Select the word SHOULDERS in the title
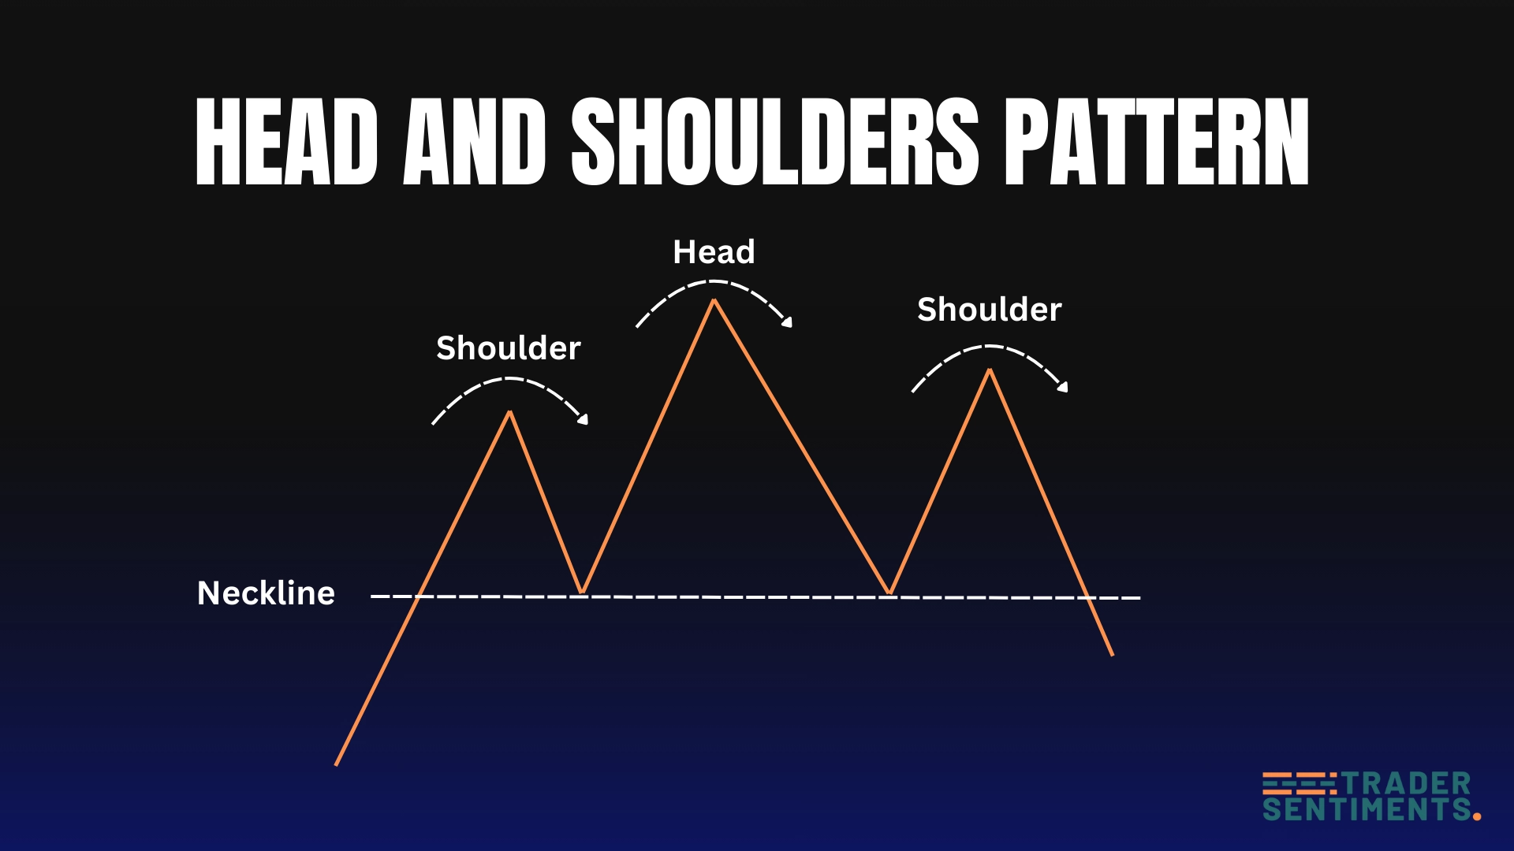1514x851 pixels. [775, 143]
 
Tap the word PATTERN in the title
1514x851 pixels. [1158, 143]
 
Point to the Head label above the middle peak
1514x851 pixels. [714, 252]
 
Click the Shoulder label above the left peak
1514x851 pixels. [509, 348]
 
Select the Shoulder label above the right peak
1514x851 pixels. [990, 310]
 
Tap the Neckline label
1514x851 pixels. [266, 593]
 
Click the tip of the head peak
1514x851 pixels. [714, 300]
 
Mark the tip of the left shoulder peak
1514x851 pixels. [510, 411]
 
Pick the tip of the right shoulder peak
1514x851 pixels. [990, 370]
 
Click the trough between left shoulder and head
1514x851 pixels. [582, 592]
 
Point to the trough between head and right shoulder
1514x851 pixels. [890, 593]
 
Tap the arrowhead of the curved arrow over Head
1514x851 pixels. [787, 321]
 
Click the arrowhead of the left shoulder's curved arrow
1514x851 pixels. [584, 420]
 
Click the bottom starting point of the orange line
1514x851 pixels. [337, 764]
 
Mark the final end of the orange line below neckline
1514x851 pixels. [1112, 654]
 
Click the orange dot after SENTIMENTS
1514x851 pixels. [1477, 816]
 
